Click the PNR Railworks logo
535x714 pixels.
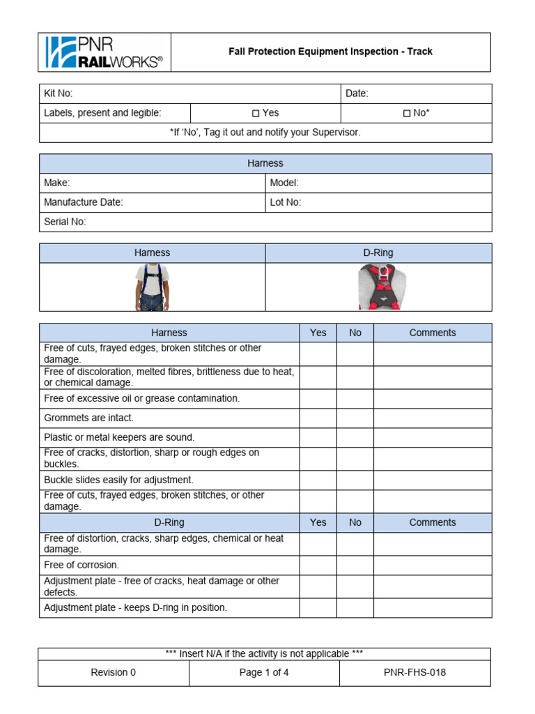pyautogui.click(x=104, y=52)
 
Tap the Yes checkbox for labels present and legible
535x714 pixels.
pyautogui.click(x=256, y=114)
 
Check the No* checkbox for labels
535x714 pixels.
pyautogui.click(x=407, y=114)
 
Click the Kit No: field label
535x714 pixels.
pyautogui.click(x=59, y=93)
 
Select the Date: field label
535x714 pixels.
pyautogui.click(x=357, y=93)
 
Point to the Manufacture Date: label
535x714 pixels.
pyautogui.click(x=84, y=202)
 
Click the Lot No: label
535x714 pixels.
pyautogui.click(x=286, y=202)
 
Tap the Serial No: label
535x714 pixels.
pyautogui.click(x=65, y=222)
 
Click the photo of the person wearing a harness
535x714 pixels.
pyautogui.click(x=152, y=287)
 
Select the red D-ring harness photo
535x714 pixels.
pyautogui.click(x=378, y=287)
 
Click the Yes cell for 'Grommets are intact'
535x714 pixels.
pyautogui.click(x=318, y=418)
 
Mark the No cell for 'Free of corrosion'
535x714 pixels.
pyautogui.click(x=355, y=565)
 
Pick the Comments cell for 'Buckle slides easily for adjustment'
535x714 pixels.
pyautogui.click(x=433, y=480)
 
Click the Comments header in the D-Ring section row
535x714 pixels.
pyautogui.click(x=433, y=522)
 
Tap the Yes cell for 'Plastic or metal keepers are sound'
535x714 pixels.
pyautogui.click(x=318, y=438)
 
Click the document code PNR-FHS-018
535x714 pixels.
pyautogui.click(x=414, y=673)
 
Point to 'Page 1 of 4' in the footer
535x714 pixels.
pyautogui.click(x=264, y=673)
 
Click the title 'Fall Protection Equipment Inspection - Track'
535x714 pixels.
pyautogui.click(x=331, y=52)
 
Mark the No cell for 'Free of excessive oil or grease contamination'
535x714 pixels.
pyautogui.click(x=355, y=399)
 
